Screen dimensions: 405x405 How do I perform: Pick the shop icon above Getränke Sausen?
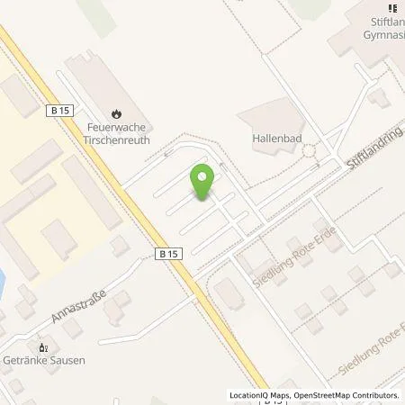pyautogui.click(x=41, y=346)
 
